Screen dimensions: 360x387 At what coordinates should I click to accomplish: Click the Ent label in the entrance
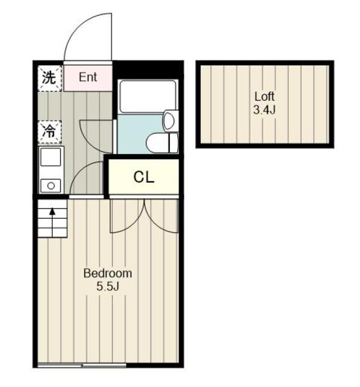88,77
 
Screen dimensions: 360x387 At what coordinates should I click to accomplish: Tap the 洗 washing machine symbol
50,78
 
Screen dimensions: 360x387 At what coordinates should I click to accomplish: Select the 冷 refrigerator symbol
50,132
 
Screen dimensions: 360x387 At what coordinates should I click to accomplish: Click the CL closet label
144,177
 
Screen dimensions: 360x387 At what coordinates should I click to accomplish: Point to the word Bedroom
108,273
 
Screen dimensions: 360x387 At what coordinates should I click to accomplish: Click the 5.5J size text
108,287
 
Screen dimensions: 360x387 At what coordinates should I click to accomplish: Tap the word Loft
264,96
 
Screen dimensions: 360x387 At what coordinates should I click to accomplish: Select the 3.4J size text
264,109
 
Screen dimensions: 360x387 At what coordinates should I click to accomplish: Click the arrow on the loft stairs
52,223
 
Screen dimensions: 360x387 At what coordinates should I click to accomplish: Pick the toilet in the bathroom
162,143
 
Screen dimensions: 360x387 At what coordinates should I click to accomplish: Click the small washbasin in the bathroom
171,121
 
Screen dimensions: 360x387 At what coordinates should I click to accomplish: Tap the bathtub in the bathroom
148,97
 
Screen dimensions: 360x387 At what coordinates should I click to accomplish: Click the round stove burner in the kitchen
51,186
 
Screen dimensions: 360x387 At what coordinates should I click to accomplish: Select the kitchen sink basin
51,157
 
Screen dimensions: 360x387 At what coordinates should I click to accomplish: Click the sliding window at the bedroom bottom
82,365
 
